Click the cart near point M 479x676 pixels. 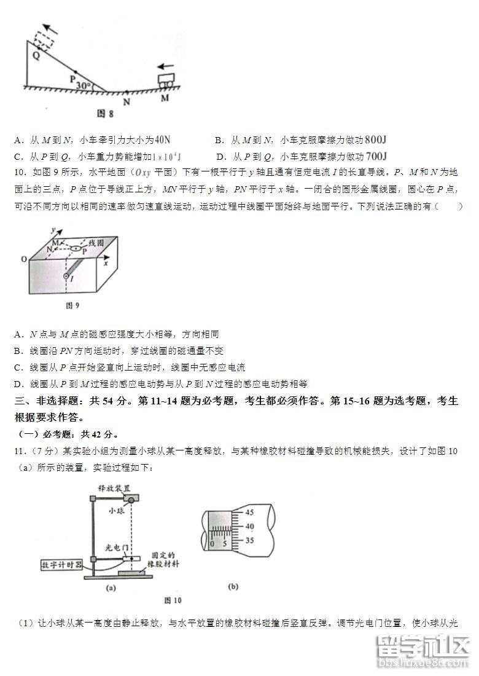click(165, 80)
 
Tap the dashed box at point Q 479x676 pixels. click(44, 41)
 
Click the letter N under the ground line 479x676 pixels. click(127, 102)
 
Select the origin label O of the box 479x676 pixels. click(24, 259)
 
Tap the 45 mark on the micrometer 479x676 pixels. click(249, 512)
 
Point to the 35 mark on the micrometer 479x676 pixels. click(249, 541)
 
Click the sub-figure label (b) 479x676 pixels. click(233, 587)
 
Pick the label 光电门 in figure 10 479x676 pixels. click(117, 546)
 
